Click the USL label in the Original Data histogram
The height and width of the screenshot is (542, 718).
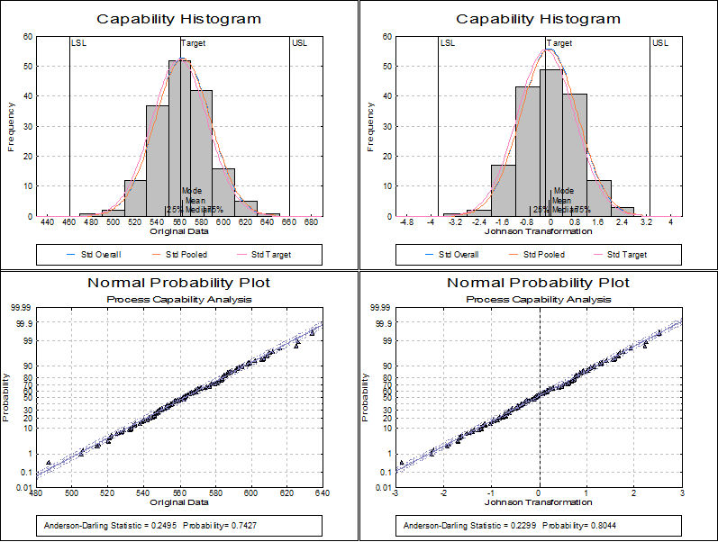tap(299, 43)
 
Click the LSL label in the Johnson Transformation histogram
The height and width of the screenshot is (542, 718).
tap(447, 43)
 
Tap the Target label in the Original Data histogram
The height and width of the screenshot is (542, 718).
tap(193, 43)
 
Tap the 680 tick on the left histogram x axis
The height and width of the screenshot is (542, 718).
tap(312, 221)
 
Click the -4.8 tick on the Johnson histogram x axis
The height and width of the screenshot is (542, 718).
tap(407, 221)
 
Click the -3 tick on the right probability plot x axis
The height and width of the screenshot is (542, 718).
tap(395, 493)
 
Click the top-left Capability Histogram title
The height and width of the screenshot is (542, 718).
tap(178, 19)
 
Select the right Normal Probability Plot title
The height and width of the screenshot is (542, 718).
tap(539, 284)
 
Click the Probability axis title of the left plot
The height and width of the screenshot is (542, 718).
tap(8, 398)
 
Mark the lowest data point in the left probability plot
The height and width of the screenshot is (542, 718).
tap(49, 462)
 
